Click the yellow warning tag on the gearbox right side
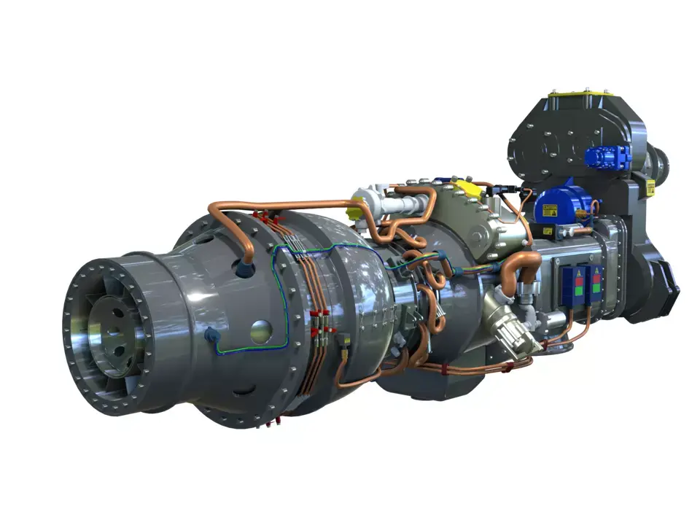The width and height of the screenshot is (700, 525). coord(650,187)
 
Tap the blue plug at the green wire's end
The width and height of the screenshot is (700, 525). coord(212,335)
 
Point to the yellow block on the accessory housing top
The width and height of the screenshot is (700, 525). coord(467,190)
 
